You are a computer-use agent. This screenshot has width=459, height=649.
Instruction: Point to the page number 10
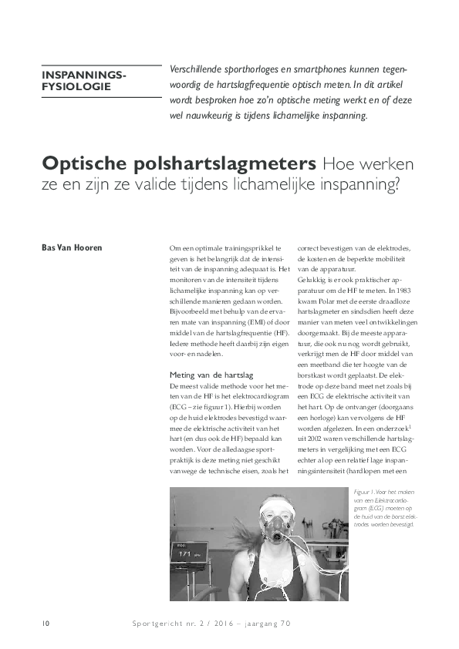coord(47,622)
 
